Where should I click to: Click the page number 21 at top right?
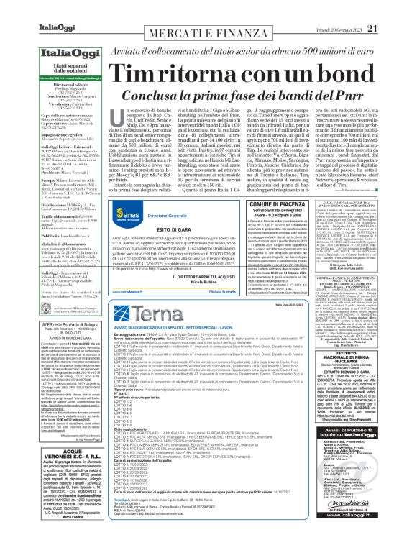click(x=393, y=8)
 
